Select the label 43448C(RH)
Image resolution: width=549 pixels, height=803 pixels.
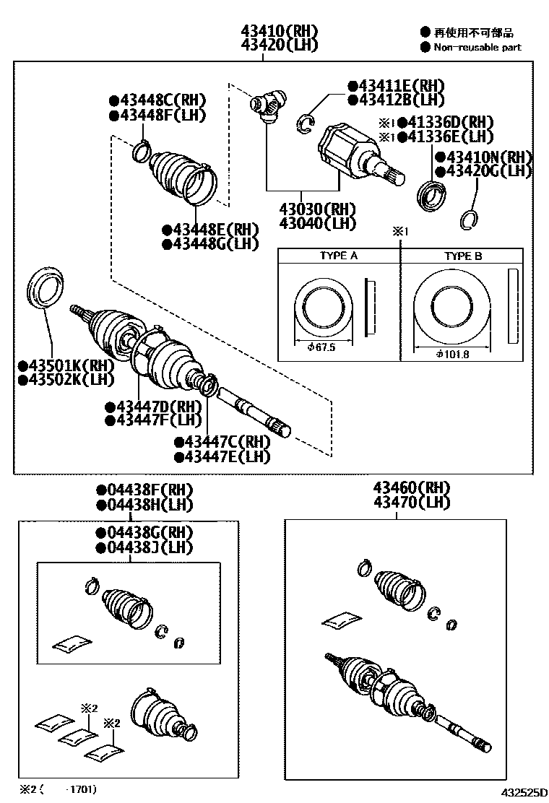click(x=157, y=100)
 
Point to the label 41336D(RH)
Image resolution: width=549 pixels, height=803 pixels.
click(x=445, y=122)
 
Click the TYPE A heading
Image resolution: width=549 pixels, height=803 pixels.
click(x=339, y=256)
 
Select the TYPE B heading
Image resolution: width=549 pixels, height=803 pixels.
click(x=463, y=256)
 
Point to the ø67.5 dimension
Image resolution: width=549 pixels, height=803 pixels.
click(x=321, y=347)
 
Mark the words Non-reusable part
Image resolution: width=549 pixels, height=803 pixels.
click(x=477, y=47)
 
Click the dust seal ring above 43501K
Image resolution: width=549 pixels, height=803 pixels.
click(x=48, y=287)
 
